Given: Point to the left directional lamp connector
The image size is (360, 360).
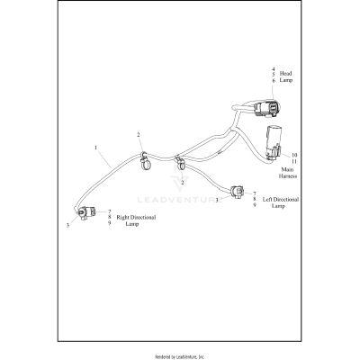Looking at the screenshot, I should coord(236,192).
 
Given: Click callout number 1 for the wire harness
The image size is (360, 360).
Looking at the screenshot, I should coord(95,147).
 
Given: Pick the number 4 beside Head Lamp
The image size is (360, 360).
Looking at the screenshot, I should coord(274,69).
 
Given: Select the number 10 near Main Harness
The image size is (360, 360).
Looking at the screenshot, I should coord(295,154).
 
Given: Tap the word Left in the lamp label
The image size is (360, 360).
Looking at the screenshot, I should coord(270,200).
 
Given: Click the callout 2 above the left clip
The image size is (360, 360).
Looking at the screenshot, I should coord(139,134).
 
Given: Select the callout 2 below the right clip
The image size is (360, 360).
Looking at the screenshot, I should coord(182,183).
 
